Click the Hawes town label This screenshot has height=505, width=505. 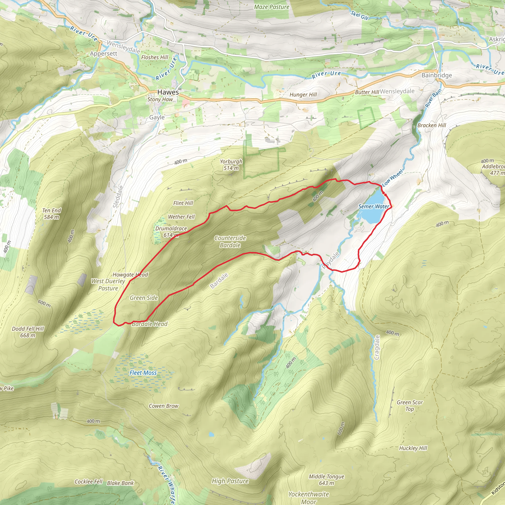pyautogui.click(x=168, y=92)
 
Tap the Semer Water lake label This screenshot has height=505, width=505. pyautogui.click(x=374, y=206)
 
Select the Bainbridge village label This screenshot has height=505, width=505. pyautogui.click(x=436, y=75)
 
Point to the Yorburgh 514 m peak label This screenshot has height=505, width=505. pyautogui.click(x=231, y=165)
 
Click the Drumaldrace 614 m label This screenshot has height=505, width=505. pyautogui.click(x=171, y=232)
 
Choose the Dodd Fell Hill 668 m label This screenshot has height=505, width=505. pyautogui.click(x=28, y=332)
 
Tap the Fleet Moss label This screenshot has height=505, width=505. pyautogui.click(x=143, y=373)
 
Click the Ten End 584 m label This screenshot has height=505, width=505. pyautogui.click(x=52, y=214)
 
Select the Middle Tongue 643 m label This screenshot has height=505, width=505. pyautogui.click(x=326, y=480)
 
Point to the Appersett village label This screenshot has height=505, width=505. pyautogui.click(x=104, y=54)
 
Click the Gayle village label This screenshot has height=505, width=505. pyautogui.click(x=157, y=117)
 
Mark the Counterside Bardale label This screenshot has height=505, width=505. pyautogui.click(x=230, y=241)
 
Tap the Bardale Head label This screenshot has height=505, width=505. pyautogui.click(x=149, y=324)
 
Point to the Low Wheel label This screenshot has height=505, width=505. pyautogui.click(x=392, y=178)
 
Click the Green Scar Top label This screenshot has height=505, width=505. pyautogui.click(x=410, y=405)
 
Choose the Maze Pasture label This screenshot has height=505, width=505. pyautogui.click(x=271, y=7)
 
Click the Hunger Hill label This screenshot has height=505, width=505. pyautogui.click(x=303, y=95)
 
